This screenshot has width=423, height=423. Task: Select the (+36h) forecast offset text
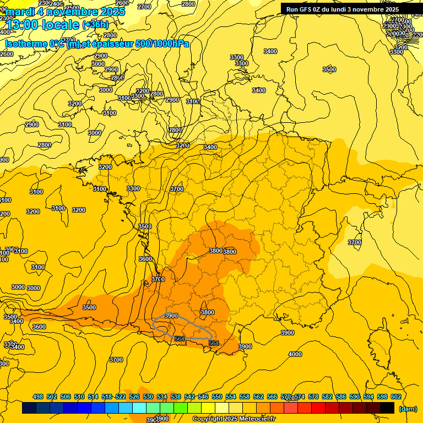(95, 25)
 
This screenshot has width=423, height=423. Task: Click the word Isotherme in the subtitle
(26, 44)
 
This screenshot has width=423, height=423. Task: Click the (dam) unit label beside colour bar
(408, 409)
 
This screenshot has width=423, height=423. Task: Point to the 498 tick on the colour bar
(38, 397)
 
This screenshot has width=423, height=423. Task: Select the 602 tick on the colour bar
(395, 397)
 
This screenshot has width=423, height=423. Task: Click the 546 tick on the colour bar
(203, 397)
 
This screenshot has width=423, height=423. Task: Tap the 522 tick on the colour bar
(121, 397)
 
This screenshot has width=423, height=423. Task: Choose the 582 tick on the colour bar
(327, 397)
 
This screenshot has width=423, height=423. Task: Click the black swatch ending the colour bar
(387, 408)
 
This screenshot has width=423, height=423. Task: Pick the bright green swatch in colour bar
(180, 408)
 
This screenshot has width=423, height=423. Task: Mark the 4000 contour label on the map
(295, 354)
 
